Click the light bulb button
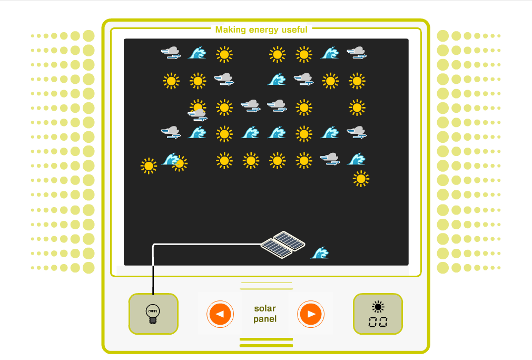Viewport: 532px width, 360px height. coord(153,314)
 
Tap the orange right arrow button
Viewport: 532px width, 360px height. coord(311,314)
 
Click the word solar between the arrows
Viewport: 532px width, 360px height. coord(264,308)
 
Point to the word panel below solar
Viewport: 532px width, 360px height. coord(264,319)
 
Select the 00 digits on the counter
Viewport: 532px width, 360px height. coord(378,322)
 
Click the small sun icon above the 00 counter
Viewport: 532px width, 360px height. coord(378,307)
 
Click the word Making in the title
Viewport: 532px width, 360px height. coord(230,30)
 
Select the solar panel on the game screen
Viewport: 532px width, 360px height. coord(283,244)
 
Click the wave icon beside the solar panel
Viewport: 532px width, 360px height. coord(320,253)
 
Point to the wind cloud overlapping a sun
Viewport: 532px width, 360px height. coord(198,113)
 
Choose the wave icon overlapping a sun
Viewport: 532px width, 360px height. coord(170,159)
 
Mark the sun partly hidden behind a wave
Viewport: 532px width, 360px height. coord(181,164)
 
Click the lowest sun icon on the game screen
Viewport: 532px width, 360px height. coord(361,179)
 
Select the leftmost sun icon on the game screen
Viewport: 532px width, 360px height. coord(149,166)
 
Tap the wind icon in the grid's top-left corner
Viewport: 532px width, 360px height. coord(171,53)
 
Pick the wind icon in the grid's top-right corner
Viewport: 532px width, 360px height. coord(357,53)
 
